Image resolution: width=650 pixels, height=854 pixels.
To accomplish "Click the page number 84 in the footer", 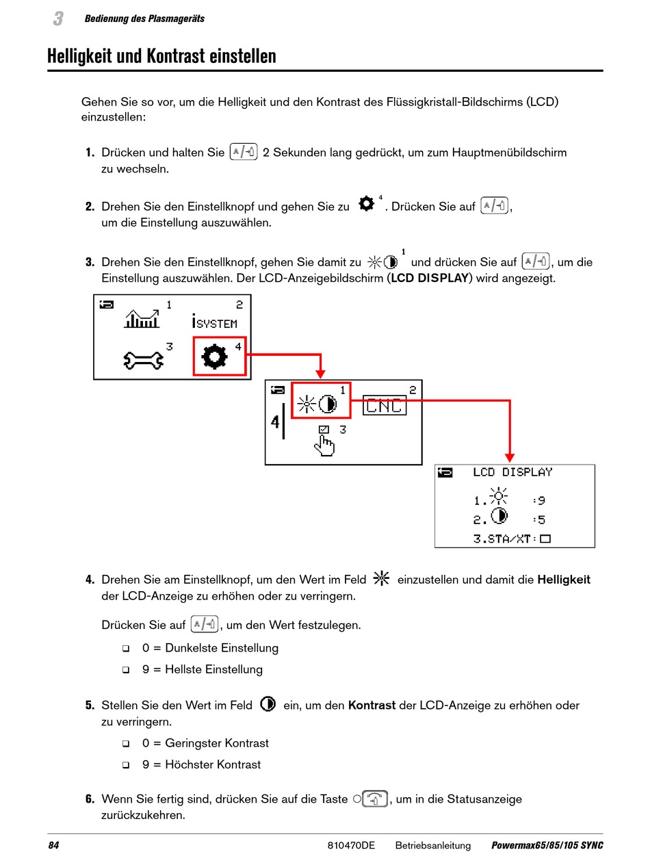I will [53, 845].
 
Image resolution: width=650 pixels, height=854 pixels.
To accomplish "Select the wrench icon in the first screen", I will [143, 359].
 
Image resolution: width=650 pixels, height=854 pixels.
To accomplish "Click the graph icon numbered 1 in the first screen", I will [142, 318].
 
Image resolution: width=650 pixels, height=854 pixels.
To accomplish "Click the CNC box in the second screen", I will [384, 406].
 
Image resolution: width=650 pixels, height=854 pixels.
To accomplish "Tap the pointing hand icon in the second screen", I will [324, 445].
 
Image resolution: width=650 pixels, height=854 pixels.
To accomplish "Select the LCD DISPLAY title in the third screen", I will [512, 472].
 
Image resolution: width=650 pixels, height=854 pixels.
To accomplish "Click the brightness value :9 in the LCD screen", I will [539, 501].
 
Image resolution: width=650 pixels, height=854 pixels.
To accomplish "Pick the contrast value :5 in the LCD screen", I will [539, 520].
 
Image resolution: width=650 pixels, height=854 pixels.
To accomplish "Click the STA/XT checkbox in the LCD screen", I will [545, 539].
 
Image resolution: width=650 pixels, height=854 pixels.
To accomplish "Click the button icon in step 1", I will [244, 152].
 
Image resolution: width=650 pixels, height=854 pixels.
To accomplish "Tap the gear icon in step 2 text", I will [367, 205].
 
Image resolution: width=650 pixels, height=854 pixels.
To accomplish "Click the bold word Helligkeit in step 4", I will [564, 580].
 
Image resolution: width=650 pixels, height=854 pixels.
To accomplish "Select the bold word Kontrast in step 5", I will [372, 705].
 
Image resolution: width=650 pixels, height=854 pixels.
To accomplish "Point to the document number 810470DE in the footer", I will [351, 845].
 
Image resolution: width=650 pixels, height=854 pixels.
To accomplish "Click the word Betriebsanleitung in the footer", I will [432, 845].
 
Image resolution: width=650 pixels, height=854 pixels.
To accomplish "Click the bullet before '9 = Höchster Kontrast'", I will [126, 765].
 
